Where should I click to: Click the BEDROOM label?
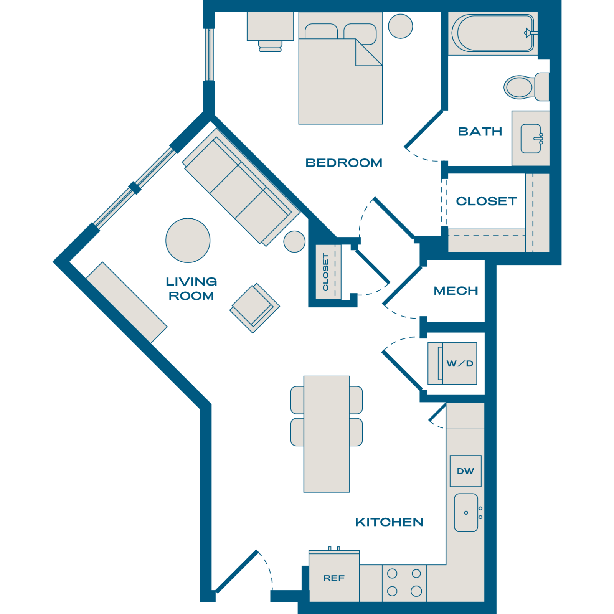[x=344, y=163]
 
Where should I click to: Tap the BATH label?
[x=480, y=132]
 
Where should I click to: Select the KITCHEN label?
[x=389, y=522]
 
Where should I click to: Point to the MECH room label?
[x=456, y=291]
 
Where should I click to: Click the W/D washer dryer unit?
[x=452, y=363]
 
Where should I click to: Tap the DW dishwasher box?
[x=465, y=471]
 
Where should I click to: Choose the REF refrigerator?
[x=334, y=576]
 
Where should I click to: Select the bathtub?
[x=493, y=33]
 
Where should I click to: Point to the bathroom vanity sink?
[x=531, y=139]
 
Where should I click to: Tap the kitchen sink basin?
[x=466, y=513]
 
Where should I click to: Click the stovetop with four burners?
[x=404, y=583]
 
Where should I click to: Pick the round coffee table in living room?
[x=188, y=241]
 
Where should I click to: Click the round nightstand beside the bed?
[x=401, y=26]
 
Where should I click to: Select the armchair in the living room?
[x=255, y=308]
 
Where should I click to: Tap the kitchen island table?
[x=327, y=434]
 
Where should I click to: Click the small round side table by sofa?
[x=294, y=242]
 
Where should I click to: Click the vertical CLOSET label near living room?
[x=325, y=272]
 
